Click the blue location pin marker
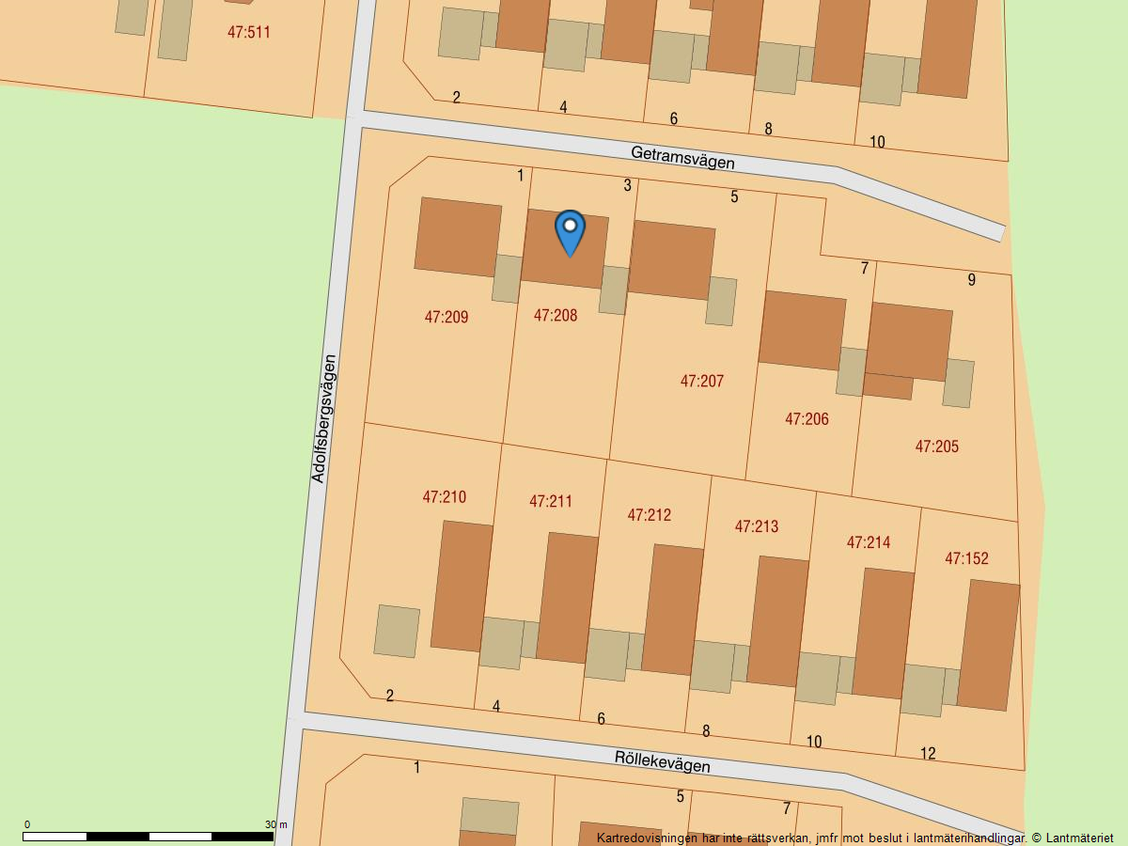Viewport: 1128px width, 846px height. [x=570, y=232]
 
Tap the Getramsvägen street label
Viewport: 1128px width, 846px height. [x=682, y=157]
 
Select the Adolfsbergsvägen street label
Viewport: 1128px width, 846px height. [x=323, y=418]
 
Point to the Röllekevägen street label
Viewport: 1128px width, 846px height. [x=662, y=760]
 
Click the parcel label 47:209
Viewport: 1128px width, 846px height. [x=446, y=318]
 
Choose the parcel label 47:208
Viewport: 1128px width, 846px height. [x=556, y=316]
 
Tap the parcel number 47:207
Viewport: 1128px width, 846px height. [x=702, y=382]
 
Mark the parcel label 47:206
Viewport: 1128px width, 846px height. [x=807, y=419]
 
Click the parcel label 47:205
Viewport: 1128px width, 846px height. [x=936, y=446]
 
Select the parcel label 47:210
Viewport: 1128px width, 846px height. [x=444, y=497]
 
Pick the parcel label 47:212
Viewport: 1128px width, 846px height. [x=649, y=515]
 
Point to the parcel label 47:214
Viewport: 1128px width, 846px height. [x=868, y=542]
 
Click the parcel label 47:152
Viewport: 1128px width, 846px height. [x=966, y=558]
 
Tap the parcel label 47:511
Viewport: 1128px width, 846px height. [x=248, y=32]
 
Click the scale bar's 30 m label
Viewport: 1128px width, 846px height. [x=275, y=824]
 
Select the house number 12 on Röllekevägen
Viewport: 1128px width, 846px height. [x=928, y=754]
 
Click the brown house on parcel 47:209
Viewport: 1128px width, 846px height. [x=458, y=237]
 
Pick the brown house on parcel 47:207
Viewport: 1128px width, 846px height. [x=671, y=260]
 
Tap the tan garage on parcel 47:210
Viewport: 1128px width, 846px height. [x=397, y=631]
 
